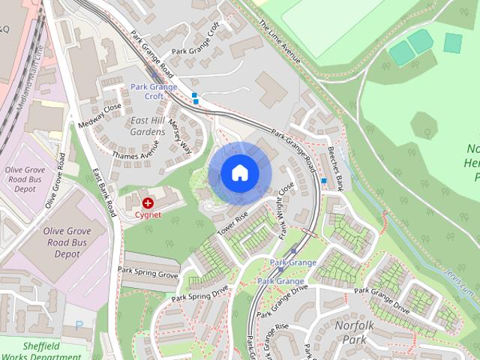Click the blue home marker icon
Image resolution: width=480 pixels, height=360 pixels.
238,172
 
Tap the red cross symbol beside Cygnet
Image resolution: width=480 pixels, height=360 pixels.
148,202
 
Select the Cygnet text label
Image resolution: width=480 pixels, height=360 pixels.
148,214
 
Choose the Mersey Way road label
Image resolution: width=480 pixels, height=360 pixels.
180,135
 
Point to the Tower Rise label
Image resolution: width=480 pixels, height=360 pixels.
232,224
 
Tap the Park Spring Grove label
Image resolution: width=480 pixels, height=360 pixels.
148,271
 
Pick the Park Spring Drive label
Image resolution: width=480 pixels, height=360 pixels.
199,292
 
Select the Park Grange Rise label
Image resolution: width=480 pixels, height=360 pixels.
271,328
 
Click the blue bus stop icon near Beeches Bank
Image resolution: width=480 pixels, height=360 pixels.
324,181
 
